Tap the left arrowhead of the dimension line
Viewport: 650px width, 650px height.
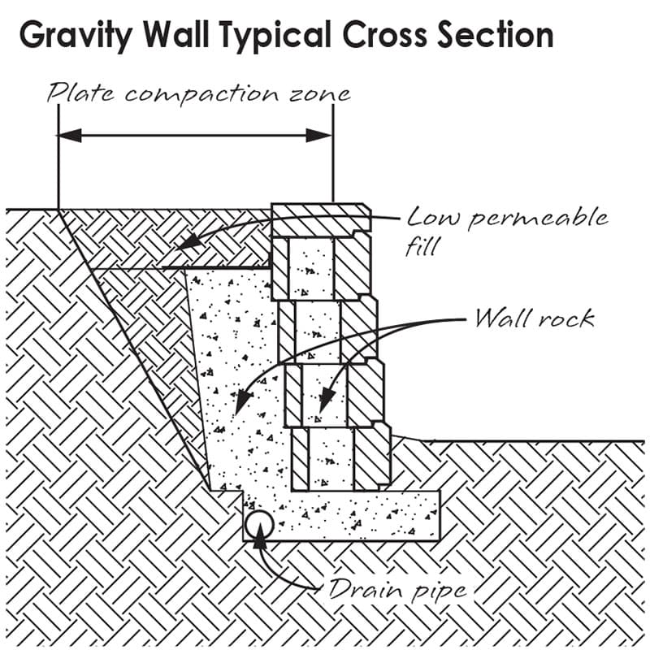(70, 135)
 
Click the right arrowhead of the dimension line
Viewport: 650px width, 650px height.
(320, 135)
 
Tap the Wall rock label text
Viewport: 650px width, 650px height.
(534, 318)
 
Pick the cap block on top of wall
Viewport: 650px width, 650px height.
(320, 218)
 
